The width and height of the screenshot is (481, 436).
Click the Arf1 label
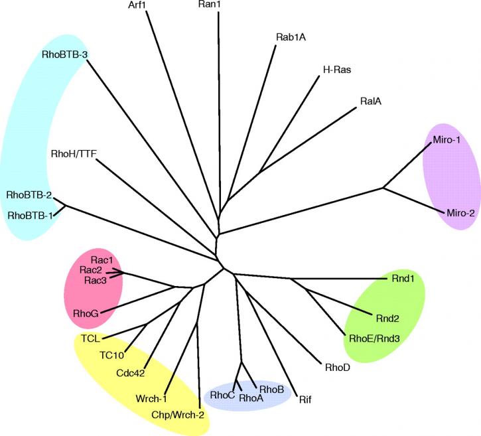pyautogui.click(x=137, y=5)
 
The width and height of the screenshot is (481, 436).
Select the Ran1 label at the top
pyautogui.click(x=210, y=4)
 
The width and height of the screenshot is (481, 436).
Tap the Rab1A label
pyautogui.click(x=291, y=37)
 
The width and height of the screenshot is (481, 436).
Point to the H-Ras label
pyautogui.click(x=337, y=70)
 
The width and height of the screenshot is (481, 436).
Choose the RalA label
pyautogui.click(x=371, y=101)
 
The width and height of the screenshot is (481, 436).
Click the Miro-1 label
pyautogui.click(x=447, y=140)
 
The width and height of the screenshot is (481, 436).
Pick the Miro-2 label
pyautogui.click(x=460, y=212)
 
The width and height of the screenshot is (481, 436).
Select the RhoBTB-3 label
pyautogui.click(x=65, y=54)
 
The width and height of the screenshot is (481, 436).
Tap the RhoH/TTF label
pyautogui.click(x=74, y=153)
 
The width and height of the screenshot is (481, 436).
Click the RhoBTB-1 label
pyautogui.click(x=30, y=216)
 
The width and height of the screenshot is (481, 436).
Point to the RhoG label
pyautogui.click(x=86, y=314)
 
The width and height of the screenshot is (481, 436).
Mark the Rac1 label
pyautogui.click(x=102, y=260)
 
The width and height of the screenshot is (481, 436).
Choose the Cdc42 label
pyautogui.click(x=131, y=373)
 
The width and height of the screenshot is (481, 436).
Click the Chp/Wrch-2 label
pyautogui.click(x=178, y=415)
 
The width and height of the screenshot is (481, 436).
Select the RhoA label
pyautogui.click(x=251, y=398)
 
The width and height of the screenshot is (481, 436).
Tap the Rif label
pyautogui.click(x=305, y=400)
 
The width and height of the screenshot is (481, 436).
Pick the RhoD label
pyautogui.click(x=338, y=367)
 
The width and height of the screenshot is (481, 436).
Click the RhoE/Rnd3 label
pyautogui.click(x=374, y=338)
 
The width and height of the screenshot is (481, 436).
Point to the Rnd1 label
pyautogui.click(x=403, y=278)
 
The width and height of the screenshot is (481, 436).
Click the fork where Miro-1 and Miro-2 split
pyautogui.click(x=383, y=187)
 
